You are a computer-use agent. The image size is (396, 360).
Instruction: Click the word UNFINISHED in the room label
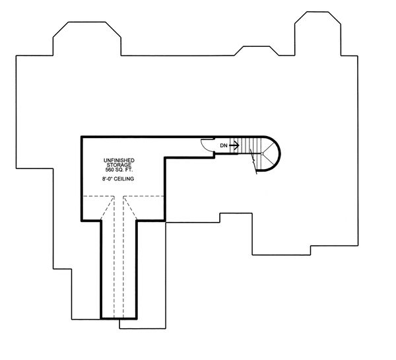point(119,161)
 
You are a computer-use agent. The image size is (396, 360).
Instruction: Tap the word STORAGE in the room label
point(119,165)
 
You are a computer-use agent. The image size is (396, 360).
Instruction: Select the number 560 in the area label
point(110,169)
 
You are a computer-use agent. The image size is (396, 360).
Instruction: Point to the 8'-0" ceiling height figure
point(107,179)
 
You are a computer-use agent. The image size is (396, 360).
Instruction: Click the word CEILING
point(124,179)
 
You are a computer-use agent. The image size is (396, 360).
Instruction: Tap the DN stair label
point(224,145)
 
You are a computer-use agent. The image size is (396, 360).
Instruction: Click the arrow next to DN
point(234,145)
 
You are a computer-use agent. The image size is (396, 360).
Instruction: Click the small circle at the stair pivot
point(262,154)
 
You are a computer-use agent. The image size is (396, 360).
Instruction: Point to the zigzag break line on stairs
point(253,161)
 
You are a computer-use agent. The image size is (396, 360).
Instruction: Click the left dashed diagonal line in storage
point(108,208)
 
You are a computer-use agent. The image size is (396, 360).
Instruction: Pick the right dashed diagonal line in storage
point(130,208)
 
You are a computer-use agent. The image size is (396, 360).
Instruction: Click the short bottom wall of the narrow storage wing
point(119,318)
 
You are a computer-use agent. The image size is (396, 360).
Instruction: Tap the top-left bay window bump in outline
point(87,38)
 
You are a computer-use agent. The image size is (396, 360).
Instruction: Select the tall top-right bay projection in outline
point(317,34)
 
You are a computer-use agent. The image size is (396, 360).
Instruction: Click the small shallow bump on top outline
point(257,51)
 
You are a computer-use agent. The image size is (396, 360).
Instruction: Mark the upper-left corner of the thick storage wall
point(82,137)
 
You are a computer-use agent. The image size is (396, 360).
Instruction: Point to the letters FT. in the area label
point(129,169)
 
